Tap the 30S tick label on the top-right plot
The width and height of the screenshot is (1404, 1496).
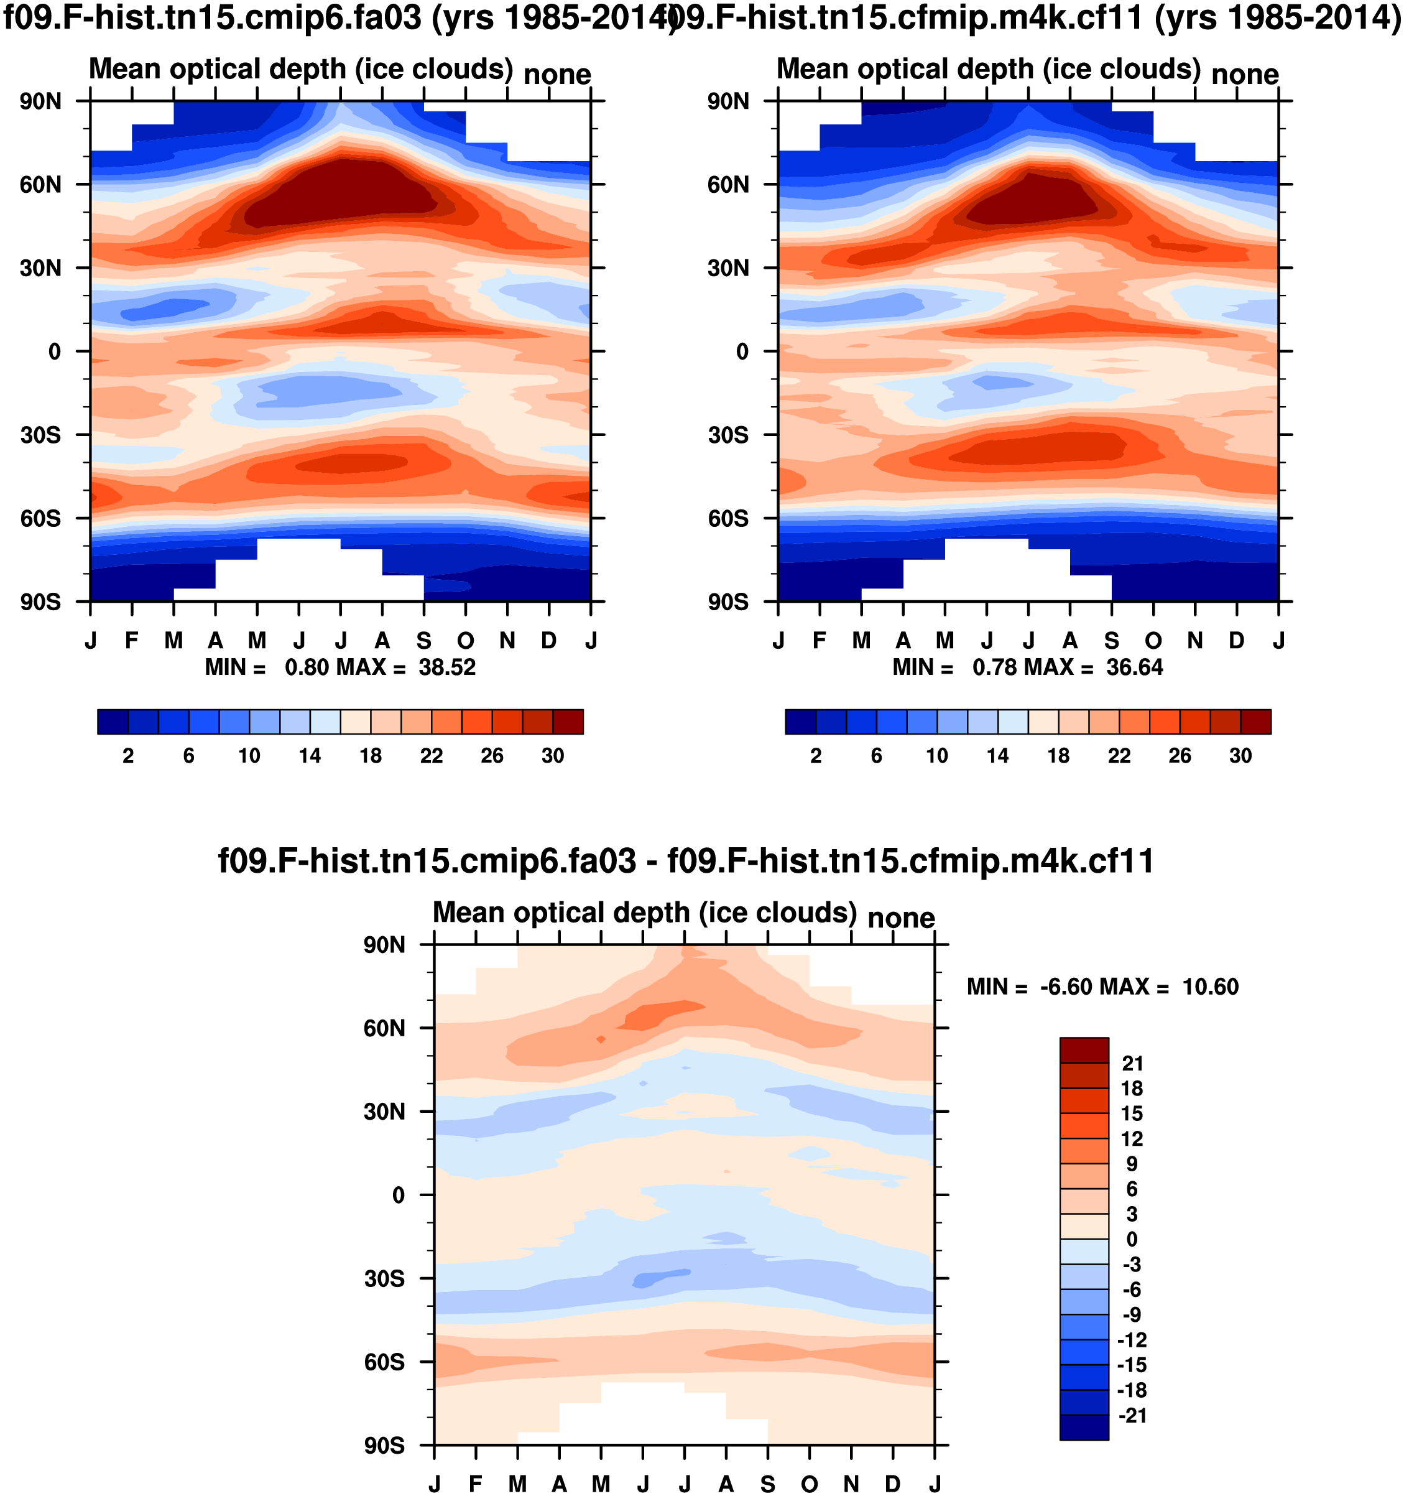point(727,435)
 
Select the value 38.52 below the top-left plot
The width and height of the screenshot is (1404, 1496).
point(447,668)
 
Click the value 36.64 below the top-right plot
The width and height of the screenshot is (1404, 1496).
point(1135,668)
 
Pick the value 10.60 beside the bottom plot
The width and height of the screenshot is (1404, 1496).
point(1210,987)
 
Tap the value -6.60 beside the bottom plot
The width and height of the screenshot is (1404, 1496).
point(1065,987)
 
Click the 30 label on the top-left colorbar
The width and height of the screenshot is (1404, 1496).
point(552,756)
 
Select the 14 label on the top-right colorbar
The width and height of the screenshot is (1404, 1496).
point(998,756)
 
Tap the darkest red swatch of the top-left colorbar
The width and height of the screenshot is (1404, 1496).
point(568,722)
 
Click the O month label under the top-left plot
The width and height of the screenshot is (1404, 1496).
point(466,641)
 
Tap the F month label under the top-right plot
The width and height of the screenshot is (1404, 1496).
point(820,641)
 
